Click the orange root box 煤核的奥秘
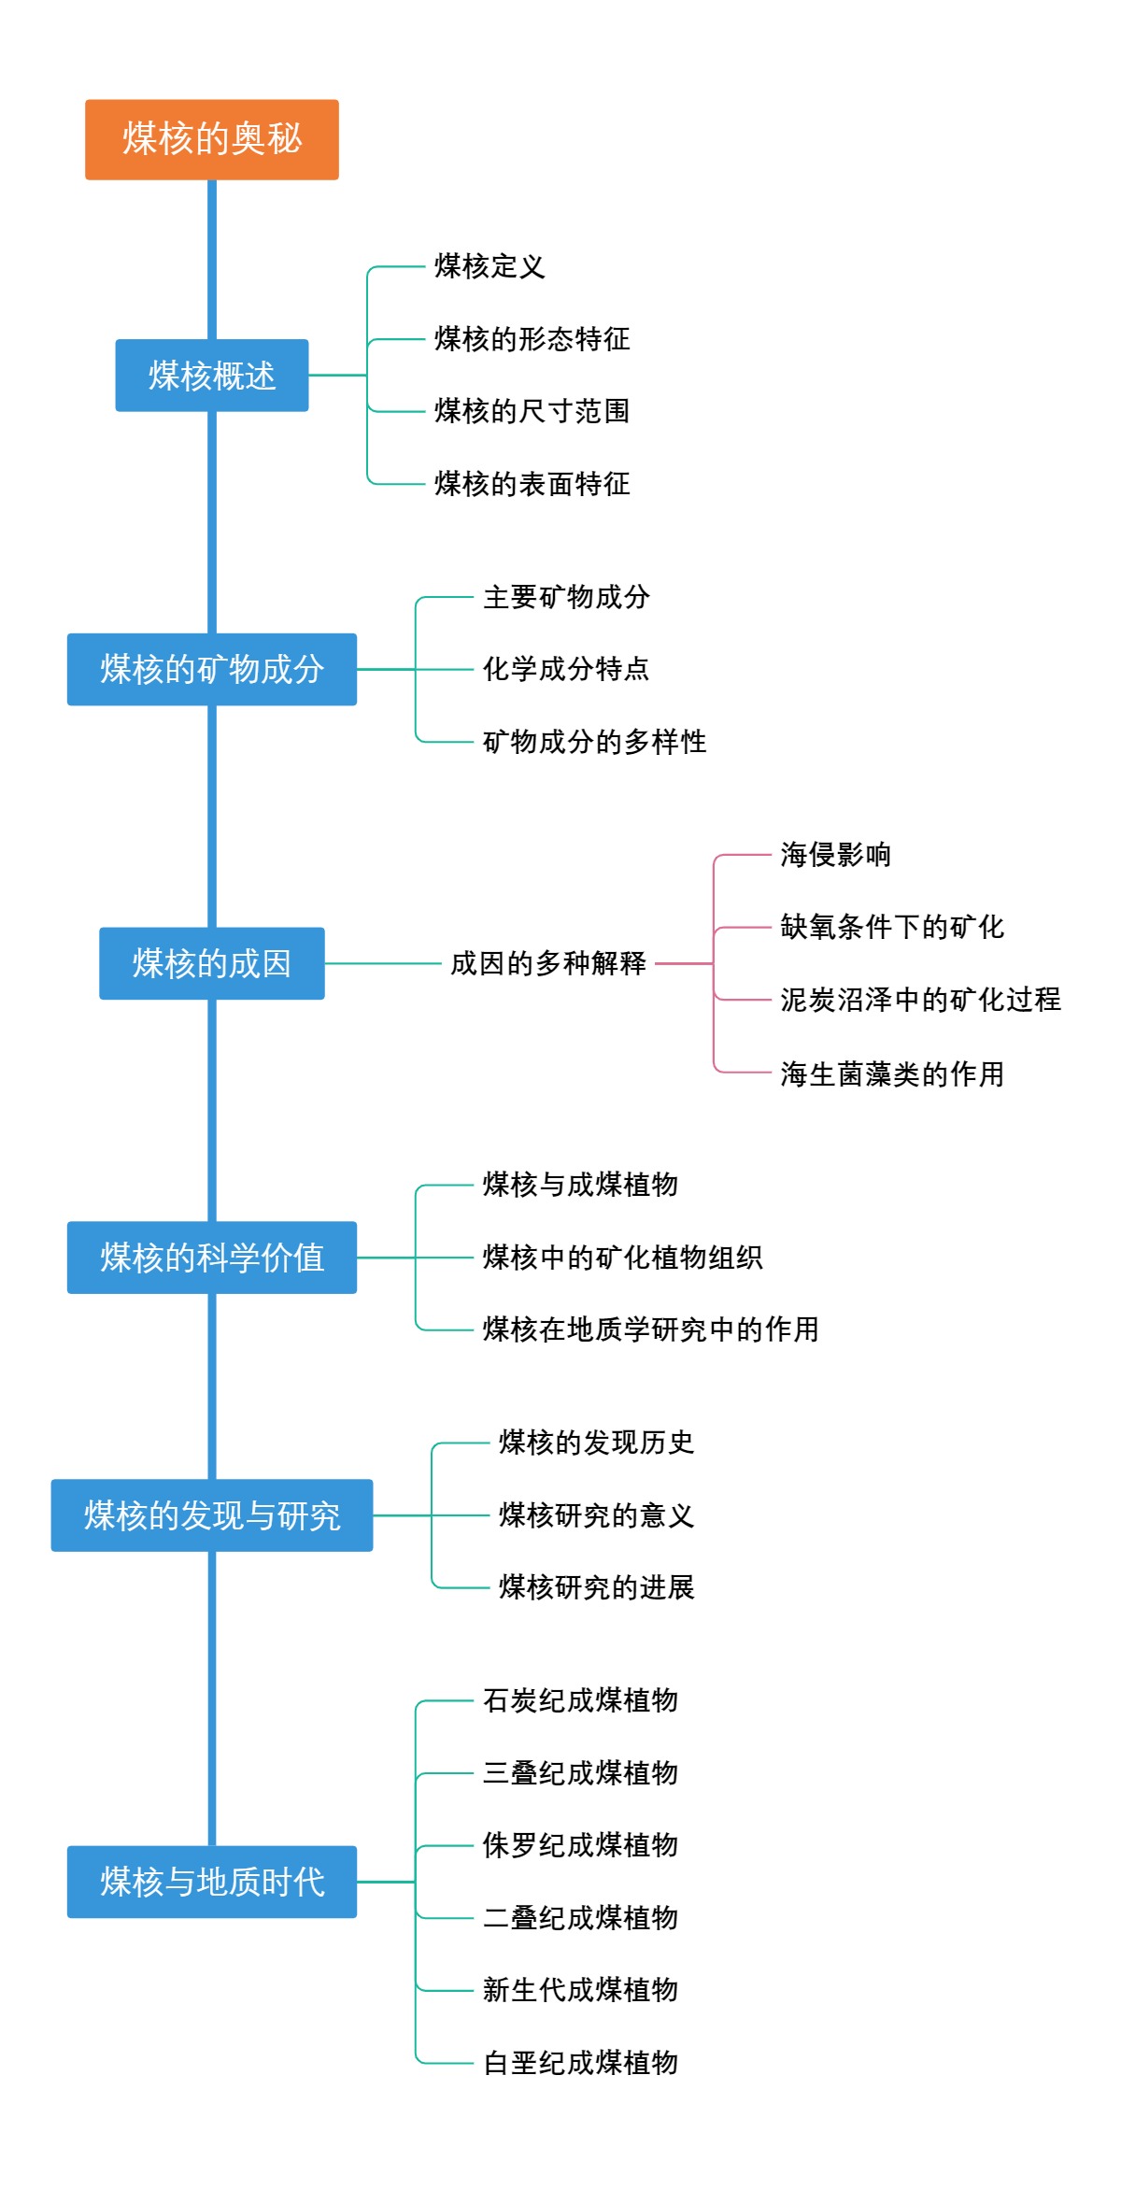211,139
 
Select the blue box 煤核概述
211,376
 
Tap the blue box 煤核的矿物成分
211,669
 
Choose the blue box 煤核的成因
211,963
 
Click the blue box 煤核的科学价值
211,1258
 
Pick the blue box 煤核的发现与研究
211,1515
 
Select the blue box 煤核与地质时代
211,1882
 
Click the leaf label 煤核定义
489,266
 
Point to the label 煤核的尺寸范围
532,411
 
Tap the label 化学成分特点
565,669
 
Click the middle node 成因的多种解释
547,963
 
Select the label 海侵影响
835,855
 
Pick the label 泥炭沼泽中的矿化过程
920,1000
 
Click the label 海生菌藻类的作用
892,1073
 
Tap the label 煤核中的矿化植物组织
622,1258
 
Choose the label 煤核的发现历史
596,1443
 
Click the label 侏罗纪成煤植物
580,1845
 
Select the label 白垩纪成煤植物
580,2062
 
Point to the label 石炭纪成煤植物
580,1700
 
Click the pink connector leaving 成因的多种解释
685,963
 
